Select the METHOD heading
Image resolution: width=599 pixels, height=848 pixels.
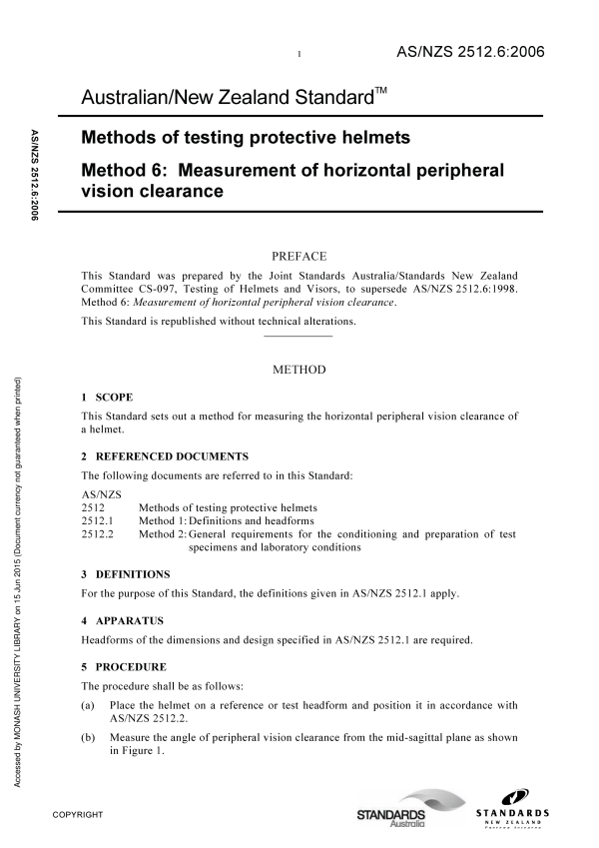[x=299, y=370]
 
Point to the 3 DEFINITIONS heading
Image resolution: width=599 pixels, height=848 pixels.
[x=126, y=574]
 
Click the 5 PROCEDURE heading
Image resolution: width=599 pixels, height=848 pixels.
[x=124, y=666]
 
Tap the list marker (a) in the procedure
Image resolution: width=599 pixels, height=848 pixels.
[x=88, y=705]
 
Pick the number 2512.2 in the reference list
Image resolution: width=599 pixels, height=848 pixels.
[x=97, y=534]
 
